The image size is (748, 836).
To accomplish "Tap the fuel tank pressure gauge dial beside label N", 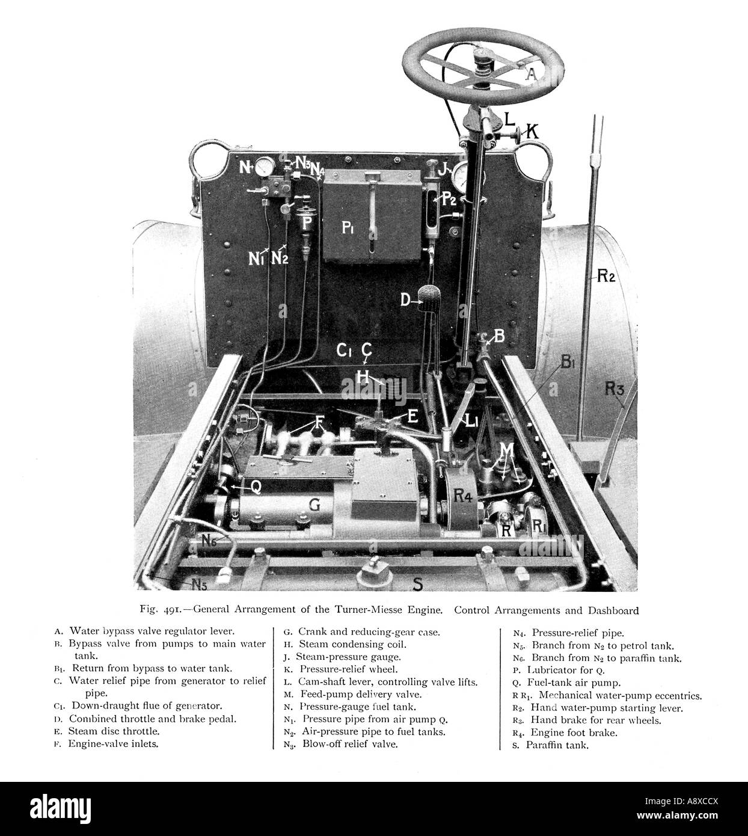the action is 265,167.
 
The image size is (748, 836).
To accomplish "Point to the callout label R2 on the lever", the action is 606,275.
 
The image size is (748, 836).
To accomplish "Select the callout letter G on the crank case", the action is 315,504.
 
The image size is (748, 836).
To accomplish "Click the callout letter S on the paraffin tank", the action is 418,584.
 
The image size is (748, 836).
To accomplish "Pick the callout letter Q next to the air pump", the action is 256,487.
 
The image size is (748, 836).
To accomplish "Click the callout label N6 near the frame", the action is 209,541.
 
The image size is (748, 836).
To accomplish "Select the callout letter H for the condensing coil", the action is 363,377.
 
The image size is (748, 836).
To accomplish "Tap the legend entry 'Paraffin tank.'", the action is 557,745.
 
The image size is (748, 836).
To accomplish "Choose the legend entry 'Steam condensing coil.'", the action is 353,644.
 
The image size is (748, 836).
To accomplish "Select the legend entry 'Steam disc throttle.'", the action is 114,731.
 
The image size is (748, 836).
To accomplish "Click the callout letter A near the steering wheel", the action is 532,75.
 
